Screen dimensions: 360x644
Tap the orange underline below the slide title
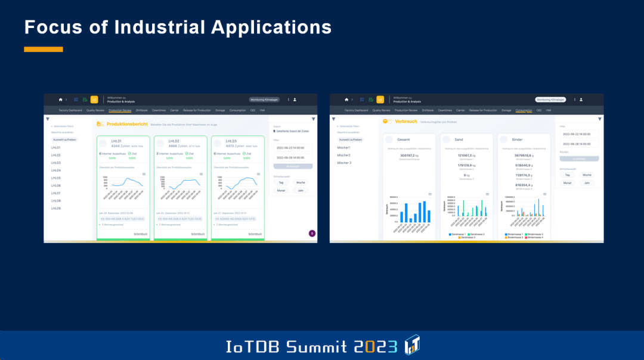point(43,49)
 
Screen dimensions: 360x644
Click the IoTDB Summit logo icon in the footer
point(412,345)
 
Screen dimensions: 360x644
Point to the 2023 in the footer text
point(375,346)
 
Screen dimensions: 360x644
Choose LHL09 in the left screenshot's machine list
point(56,209)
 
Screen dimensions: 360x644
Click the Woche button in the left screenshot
point(300,182)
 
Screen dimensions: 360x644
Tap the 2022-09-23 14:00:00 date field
point(290,147)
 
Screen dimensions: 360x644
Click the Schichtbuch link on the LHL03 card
point(255,234)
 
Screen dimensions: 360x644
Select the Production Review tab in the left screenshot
point(120,110)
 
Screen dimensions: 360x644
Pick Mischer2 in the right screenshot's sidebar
point(344,155)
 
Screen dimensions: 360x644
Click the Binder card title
point(517,139)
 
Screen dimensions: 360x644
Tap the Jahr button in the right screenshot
point(587,183)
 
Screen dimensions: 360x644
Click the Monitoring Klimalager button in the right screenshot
point(550,100)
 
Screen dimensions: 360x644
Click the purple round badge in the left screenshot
point(312,233)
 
